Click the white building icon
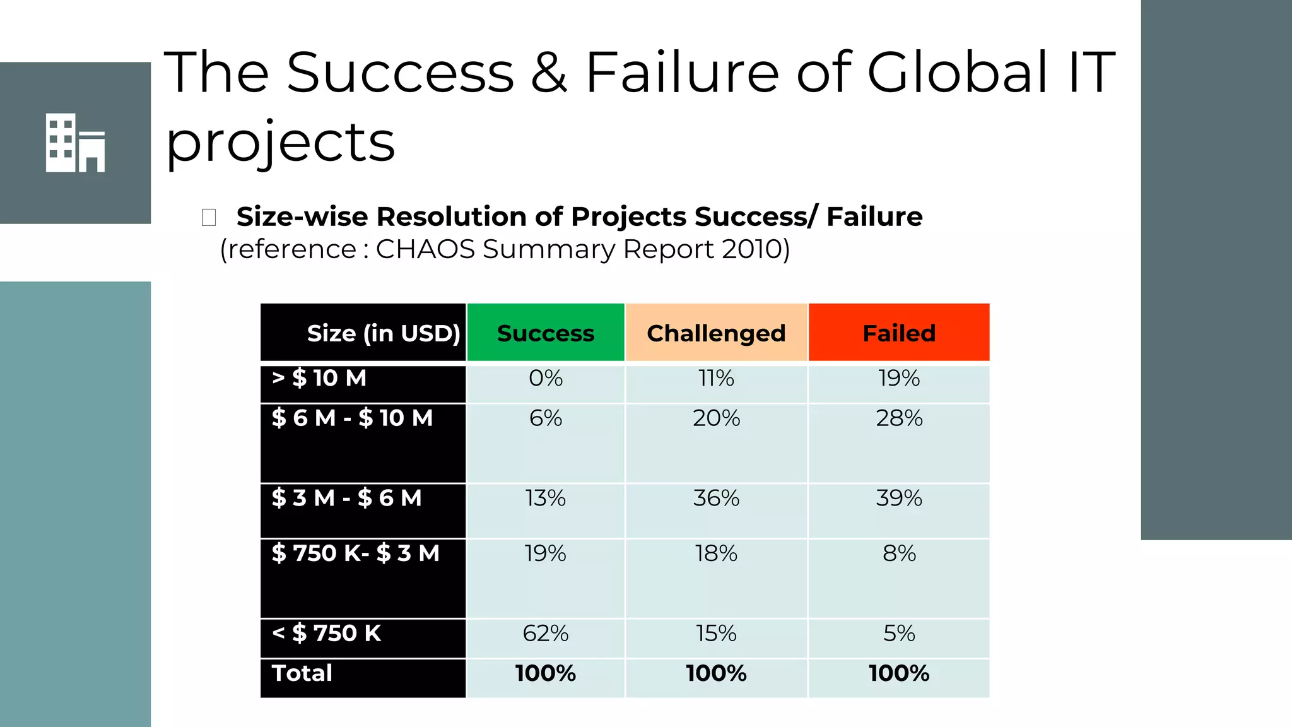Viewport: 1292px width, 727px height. point(75,143)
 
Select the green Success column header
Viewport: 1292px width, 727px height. point(546,333)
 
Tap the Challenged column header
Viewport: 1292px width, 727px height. point(716,333)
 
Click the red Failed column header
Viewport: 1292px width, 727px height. point(899,333)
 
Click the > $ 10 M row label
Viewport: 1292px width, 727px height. point(319,378)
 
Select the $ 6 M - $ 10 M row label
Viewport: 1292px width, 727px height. point(352,418)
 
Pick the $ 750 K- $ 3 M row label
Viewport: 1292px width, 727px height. point(355,553)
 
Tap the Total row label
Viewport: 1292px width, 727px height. point(302,673)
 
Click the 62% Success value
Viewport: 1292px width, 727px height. point(546,633)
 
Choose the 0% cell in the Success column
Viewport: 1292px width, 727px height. point(546,378)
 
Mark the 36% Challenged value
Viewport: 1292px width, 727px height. point(716,498)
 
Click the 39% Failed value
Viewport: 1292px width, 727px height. point(899,498)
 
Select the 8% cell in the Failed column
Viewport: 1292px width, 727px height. point(899,553)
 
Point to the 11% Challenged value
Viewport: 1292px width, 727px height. point(716,378)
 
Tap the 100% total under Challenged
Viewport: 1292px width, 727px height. point(716,673)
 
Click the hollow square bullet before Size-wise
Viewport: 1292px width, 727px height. point(209,217)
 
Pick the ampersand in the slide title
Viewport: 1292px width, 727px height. point(549,73)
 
